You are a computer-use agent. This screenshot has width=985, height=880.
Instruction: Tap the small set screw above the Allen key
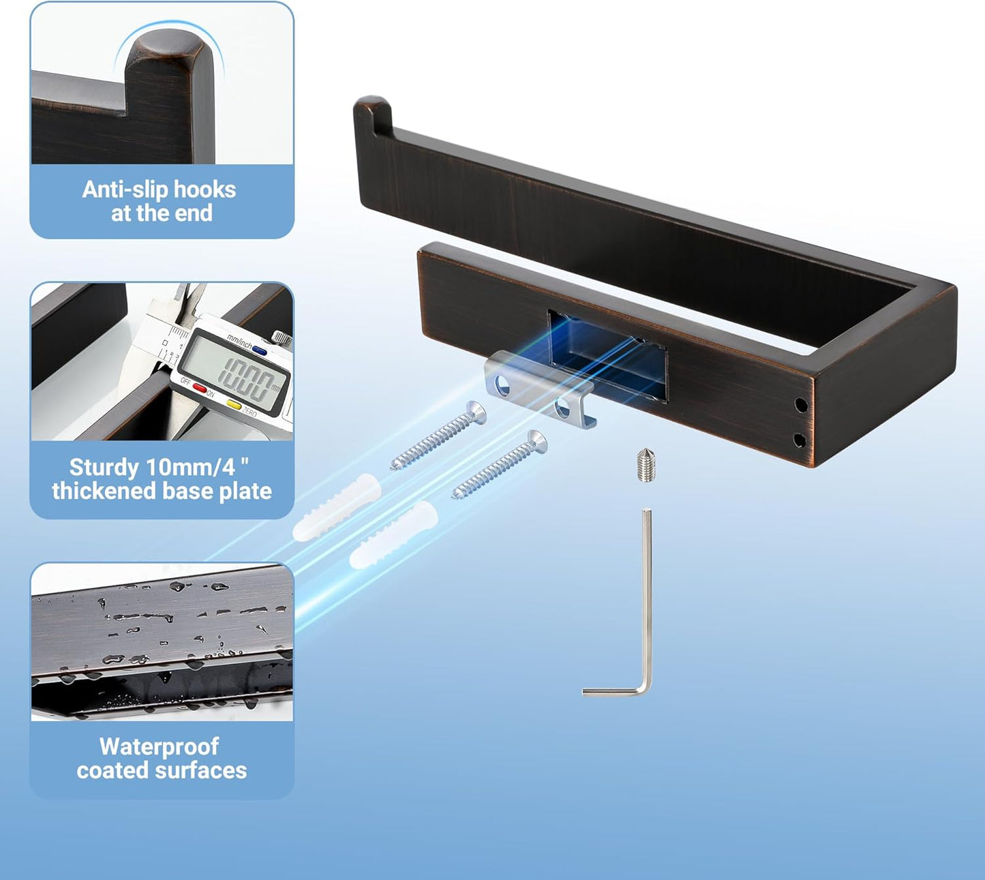pos(646,466)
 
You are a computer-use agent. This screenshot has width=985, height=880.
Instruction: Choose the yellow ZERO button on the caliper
pos(234,404)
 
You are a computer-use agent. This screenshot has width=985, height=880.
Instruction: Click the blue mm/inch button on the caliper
pos(259,350)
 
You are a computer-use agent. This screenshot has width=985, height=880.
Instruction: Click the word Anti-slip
pos(125,189)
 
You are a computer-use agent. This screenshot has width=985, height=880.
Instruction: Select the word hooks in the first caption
pos(204,189)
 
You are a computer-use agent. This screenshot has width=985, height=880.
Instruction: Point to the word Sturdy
pos(104,468)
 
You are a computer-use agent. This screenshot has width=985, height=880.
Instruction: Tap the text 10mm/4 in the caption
pos(191,467)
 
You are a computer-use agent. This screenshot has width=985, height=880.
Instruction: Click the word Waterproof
pos(159,747)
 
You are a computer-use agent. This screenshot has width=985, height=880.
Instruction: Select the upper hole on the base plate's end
pos(801,404)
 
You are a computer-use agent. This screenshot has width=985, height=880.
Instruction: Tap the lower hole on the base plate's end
pos(800,440)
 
